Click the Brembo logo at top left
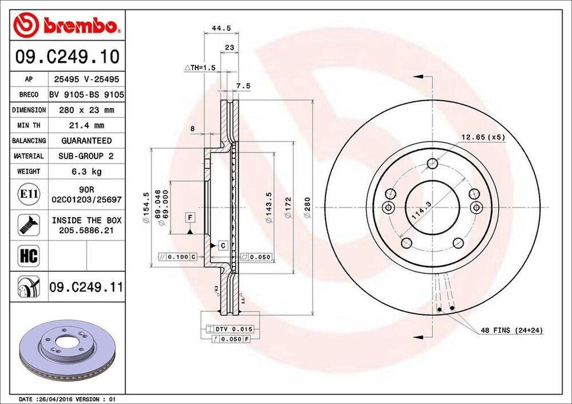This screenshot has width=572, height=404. pos(67,26)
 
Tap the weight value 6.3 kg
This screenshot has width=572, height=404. pos(86,171)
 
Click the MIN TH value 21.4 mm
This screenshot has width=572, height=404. pos(86,126)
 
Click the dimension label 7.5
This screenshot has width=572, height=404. pos(243,85)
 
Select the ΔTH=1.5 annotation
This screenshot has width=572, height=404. pos(200,68)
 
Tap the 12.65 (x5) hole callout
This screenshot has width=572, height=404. pos(483,137)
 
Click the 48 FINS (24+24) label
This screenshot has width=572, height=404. pos(511,331)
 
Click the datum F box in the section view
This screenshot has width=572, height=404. pos(190,217)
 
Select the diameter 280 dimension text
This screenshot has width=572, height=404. pos(307,206)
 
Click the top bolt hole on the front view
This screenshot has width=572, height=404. pos(432,163)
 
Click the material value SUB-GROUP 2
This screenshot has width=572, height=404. pos(86,156)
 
